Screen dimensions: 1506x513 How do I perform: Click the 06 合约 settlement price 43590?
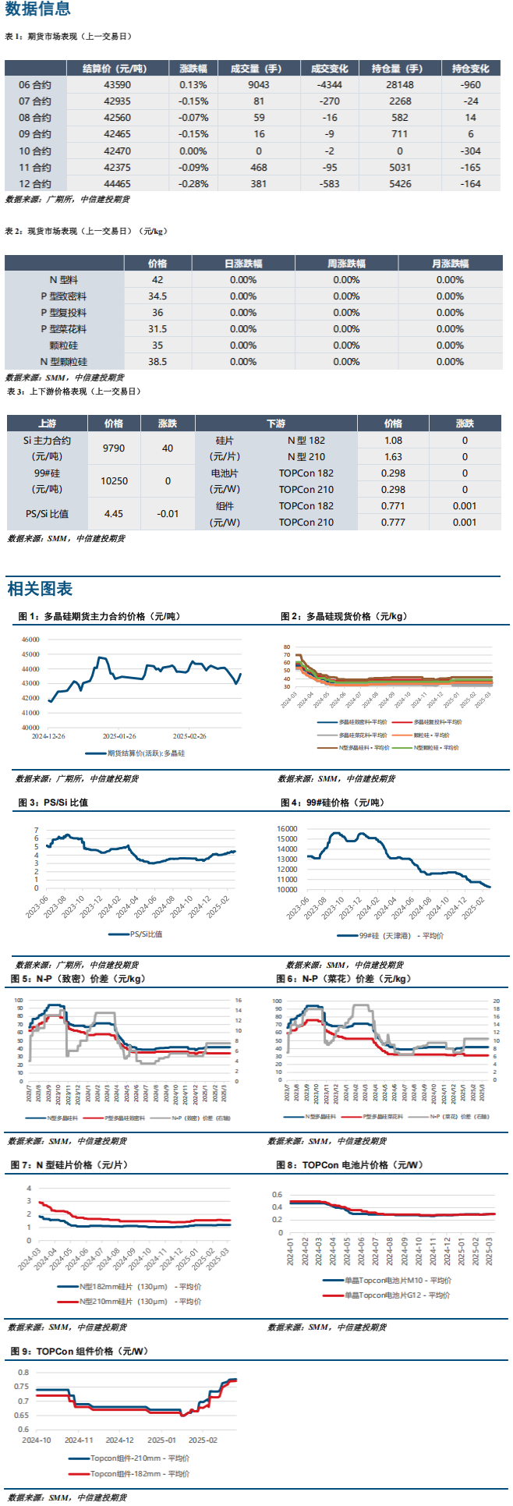[x=118, y=85]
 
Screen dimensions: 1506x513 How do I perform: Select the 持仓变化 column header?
[x=470, y=69]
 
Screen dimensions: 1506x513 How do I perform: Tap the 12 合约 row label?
[x=35, y=184]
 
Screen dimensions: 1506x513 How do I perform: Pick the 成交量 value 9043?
[x=259, y=85]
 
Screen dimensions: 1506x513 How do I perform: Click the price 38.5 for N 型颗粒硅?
[x=157, y=362]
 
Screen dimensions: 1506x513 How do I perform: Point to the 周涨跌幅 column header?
[x=346, y=264]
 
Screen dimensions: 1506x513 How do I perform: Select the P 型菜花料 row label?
[x=64, y=329]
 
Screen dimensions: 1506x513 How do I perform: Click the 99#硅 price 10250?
[x=114, y=481]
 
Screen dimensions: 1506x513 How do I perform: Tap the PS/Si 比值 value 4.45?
[x=114, y=514]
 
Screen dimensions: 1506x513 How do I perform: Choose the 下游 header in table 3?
[x=276, y=423]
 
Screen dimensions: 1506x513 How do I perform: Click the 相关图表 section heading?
[x=40, y=589]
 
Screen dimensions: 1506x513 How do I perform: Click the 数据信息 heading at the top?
[x=37, y=9]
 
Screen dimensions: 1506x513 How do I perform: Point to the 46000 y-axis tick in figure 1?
[x=30, y=640]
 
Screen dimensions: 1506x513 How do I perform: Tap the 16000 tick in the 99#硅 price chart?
[x=287, y=829]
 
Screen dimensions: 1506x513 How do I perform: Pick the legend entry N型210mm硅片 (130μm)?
[x=140, y=1301]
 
